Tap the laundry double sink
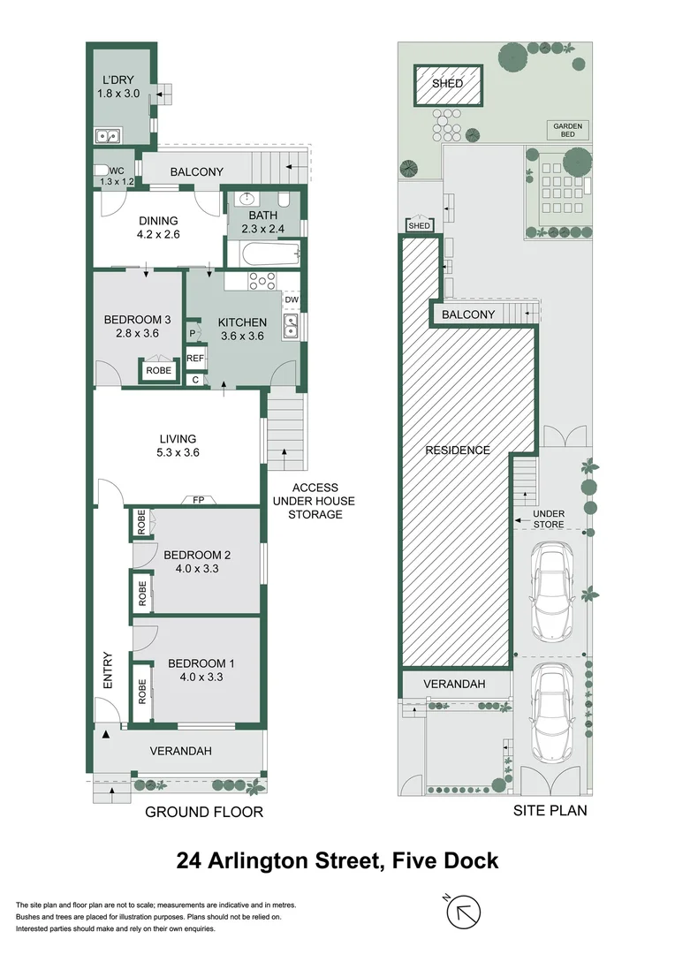(x=110, y=136)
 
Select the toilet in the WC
(x=102, y=171)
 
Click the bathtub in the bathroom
(x=263, y=255)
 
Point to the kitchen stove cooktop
(x=262, y=281)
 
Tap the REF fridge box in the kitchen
(x=194, y=359)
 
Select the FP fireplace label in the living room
(x=200, y=500)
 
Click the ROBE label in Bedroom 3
(x=159, y=371)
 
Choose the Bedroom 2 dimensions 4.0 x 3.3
(x=197, y=570)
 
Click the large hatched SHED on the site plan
(x=449, y=84)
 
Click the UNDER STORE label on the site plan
(x=549, y=519)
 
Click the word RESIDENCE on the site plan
(x=458, y=450)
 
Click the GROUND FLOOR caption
(x=204, y=812)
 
